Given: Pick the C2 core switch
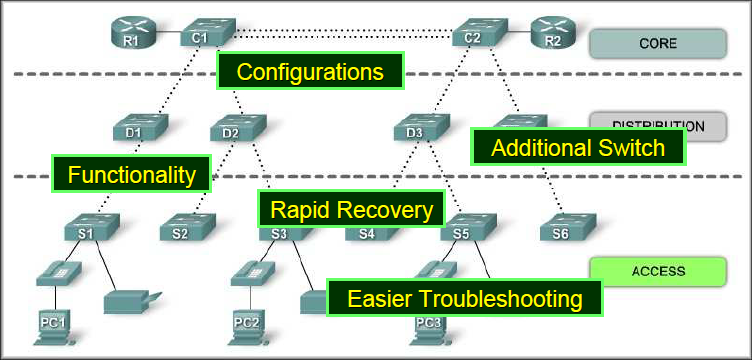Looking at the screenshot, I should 475,33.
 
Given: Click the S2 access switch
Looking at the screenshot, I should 182,229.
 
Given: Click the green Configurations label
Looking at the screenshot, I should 310,72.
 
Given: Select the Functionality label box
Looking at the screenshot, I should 131,174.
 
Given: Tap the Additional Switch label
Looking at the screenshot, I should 578,148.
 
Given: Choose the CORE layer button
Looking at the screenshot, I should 657,43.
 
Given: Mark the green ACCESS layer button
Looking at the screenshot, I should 657,270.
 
